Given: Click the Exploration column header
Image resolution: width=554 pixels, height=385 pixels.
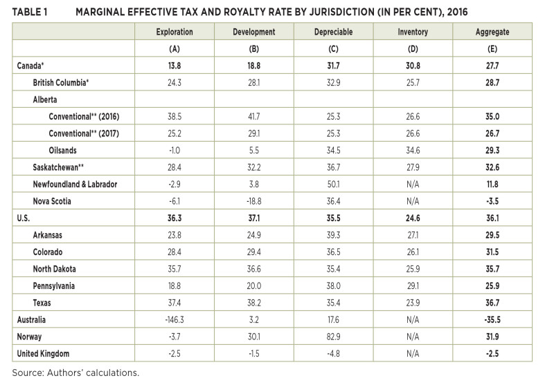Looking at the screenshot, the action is coord(175,32).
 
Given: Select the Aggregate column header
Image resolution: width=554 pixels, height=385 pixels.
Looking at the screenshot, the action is coord(492,32).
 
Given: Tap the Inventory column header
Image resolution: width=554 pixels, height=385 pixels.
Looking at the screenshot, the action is coord(413,32).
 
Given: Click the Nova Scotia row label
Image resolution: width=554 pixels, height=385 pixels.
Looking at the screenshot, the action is coord(52,201).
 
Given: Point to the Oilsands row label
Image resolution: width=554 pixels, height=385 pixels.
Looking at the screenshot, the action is coord(62,151).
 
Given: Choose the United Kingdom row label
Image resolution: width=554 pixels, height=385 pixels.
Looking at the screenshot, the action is coord(43,354).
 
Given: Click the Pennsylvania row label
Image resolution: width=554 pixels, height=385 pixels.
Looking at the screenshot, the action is coord(54,286).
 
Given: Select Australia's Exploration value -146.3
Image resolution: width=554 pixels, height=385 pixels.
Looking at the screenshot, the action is coord(175,320).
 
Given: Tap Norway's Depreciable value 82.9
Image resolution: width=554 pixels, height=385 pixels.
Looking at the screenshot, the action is coord(333,337).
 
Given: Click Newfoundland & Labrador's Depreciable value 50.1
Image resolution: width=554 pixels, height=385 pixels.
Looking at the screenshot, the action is coord(333,185).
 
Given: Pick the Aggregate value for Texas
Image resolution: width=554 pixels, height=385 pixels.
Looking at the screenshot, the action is coord(492,303).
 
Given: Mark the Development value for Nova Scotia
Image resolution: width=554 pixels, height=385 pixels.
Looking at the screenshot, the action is coord(253,201).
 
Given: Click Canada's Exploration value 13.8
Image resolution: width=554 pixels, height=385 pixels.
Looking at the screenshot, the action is coord(175,66).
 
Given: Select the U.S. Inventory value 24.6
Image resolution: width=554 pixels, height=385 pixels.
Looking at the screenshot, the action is coord(413,218).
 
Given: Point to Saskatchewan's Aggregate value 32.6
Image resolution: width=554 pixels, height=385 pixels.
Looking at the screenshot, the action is coord(492,167).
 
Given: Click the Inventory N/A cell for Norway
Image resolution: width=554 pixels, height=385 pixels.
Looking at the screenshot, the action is coord(413,337).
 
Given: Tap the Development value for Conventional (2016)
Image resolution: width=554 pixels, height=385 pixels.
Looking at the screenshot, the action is coord(253,117).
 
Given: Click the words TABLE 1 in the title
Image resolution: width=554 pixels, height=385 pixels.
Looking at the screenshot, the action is coord(30,12).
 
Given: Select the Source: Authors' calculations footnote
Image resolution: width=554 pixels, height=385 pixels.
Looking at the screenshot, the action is coord(75,373).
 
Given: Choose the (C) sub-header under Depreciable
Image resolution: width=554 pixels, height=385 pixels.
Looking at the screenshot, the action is coord(333,49).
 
